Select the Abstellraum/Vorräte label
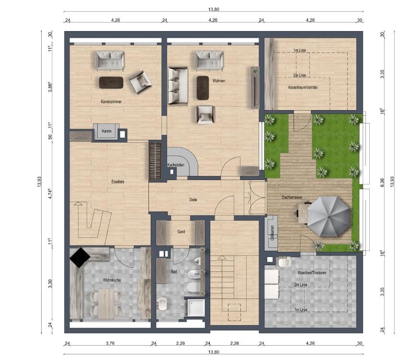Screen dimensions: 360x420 point(303,88)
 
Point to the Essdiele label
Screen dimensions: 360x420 point(118,182)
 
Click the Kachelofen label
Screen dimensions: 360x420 point(176,165)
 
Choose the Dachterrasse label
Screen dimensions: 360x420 point(291,197)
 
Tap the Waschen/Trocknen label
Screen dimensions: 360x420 point(311,272)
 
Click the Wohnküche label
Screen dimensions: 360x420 point(111,280)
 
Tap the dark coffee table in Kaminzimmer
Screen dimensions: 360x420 point(111,82)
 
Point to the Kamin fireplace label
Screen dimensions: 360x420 point(106,131)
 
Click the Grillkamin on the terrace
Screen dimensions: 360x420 point(272,233)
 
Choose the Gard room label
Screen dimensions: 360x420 point(181,231)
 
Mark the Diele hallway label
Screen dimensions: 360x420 point(193,200)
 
